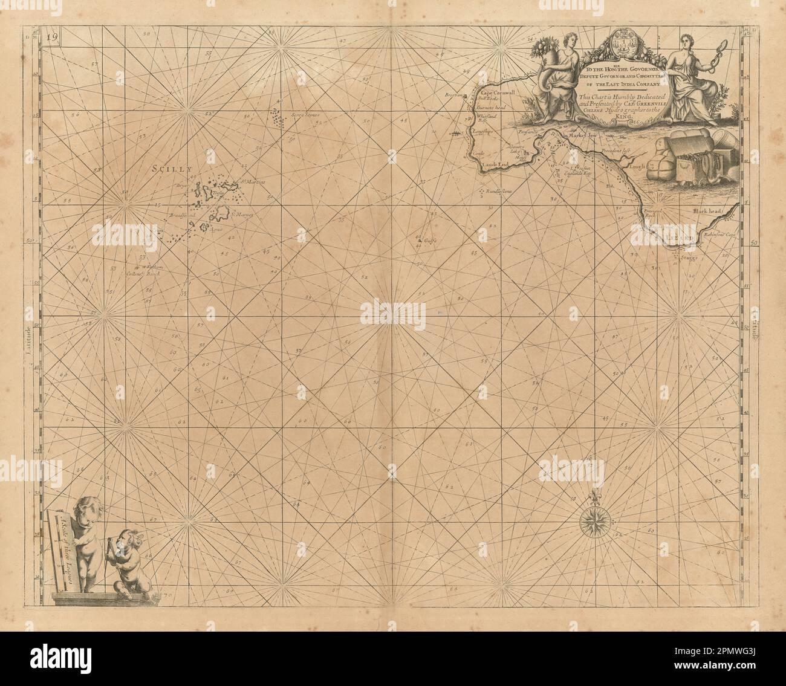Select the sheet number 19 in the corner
point(52,37)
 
